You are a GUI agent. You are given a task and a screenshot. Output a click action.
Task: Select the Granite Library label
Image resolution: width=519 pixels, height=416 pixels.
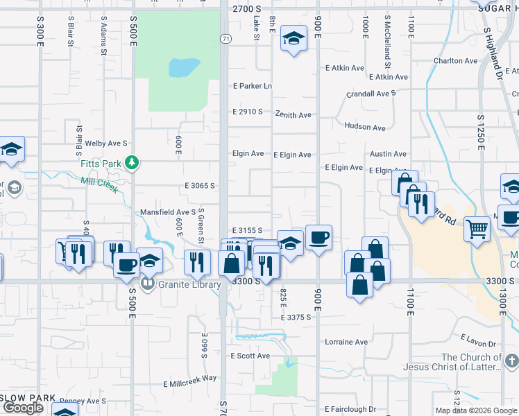click(189, 284)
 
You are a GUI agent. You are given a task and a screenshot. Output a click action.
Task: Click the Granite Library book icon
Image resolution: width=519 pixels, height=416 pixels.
click(147, 284)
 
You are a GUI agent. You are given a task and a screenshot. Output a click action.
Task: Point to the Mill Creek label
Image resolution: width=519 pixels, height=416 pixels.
click(99, 185)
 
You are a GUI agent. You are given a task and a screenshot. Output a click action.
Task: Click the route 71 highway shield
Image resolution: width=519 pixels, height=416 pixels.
click(226, 39)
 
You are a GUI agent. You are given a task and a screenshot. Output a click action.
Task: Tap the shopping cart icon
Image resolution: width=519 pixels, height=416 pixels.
click(477, 228)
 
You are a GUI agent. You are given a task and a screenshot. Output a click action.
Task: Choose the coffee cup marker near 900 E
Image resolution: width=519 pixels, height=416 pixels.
click(318, 238)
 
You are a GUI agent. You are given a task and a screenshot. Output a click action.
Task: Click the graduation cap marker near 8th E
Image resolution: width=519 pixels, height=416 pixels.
click(293, 40)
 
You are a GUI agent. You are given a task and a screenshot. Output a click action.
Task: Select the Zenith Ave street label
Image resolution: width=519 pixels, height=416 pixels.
click(293, 114)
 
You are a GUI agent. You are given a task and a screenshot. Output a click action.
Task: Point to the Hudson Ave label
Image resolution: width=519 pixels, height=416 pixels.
click(364, 128)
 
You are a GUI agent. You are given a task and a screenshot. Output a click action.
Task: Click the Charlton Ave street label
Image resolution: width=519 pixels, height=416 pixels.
click(455, 61)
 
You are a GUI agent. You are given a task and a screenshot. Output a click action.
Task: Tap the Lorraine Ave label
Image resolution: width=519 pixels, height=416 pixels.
click(346, 342)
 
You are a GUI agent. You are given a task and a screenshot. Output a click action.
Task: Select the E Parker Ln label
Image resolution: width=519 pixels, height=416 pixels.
click(252, 86)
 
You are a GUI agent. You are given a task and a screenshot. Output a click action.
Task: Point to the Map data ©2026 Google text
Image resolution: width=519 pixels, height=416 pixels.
click(476, 410)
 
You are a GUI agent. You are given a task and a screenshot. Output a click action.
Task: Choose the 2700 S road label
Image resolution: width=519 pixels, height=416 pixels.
click(248, 9)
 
